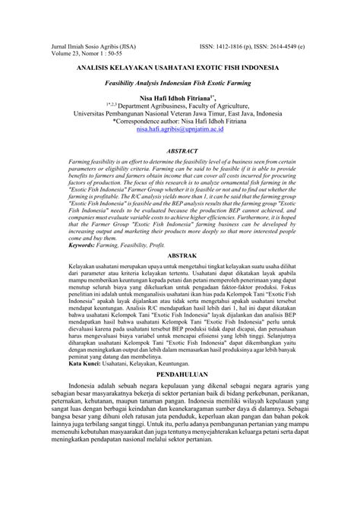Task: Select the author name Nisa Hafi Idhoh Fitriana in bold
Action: point(180,98)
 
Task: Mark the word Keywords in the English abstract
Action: point(69,245)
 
